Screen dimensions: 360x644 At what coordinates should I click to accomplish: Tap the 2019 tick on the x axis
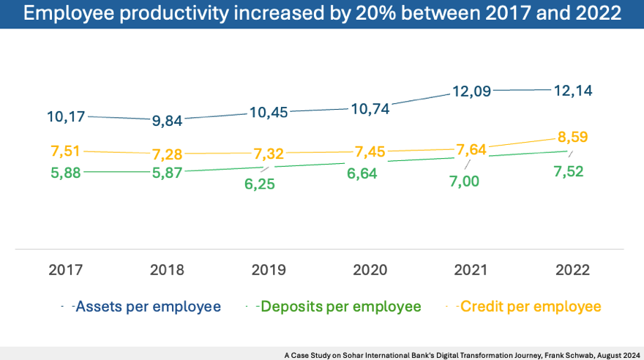pyautogui.click(x=268, y=270)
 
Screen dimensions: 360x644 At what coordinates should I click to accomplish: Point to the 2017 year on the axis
pyautogui.click(x=67, y=270)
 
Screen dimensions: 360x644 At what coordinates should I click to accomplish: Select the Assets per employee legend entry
pyautogui.click(x=147, y=307)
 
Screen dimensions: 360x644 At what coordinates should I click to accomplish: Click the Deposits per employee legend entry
pyautogui.click(x=340, y=307)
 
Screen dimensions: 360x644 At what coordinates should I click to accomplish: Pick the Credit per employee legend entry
pyautogui.click(x=529, y=307)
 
